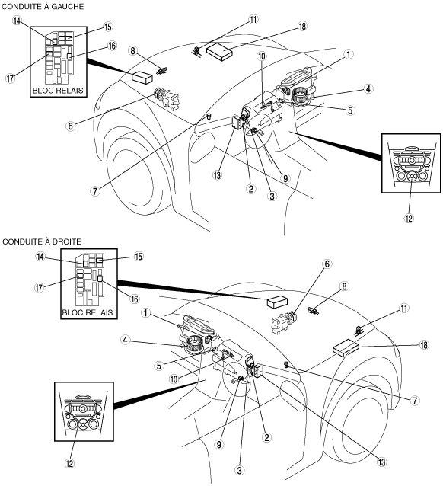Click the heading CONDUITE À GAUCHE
click(x=43, y=6)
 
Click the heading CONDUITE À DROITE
click(x=42, y=241)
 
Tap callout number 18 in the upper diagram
click(x=302, y=27)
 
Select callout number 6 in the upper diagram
click(x=71, y=126)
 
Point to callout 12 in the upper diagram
click(x=409, y=218)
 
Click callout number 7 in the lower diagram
click(x=415, y=401)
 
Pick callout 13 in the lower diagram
click(x=381, y=462)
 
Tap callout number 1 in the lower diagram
click(x=145, y=313)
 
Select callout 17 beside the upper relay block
click(x=10, y=78)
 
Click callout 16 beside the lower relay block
click(x=135, y=299)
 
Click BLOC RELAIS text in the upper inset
click(x=58, y=91)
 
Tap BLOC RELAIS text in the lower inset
click(x=88, y=312)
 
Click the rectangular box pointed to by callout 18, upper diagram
click(x=219, y=50)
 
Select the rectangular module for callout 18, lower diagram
click(x=346, y=348)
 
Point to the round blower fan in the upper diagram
click(x=301, y=95)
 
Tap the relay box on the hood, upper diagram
click(x=142, y=77)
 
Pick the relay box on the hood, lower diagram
click(x=278, y=302)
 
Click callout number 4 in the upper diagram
click(x=368, y=88)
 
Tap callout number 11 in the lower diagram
click(x=404, y=308)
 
